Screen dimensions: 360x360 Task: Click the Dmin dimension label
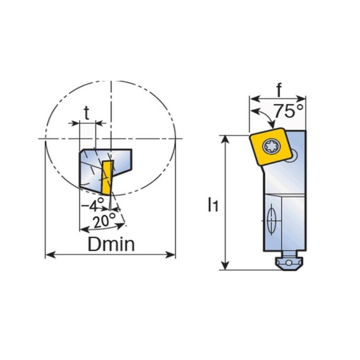[x=111, y=244]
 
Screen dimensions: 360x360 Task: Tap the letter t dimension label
[x=86, y=113]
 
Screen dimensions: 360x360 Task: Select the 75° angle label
[x=289, y=111]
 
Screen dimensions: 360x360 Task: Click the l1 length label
[x=213, y=205]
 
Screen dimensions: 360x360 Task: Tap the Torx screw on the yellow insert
[x=272, y=146]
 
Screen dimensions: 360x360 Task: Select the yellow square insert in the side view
[x=270, y=146]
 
